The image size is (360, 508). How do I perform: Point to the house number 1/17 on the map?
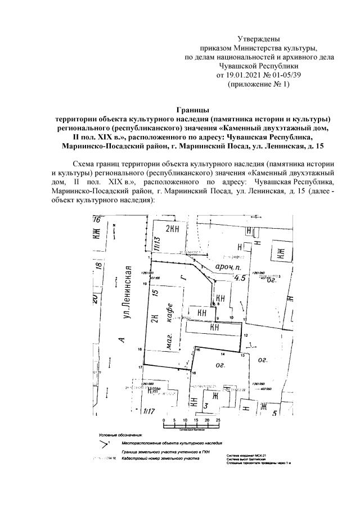click(149, 411)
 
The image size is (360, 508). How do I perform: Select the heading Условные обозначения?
click(120, 436)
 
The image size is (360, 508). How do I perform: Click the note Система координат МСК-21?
click(247, 455)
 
